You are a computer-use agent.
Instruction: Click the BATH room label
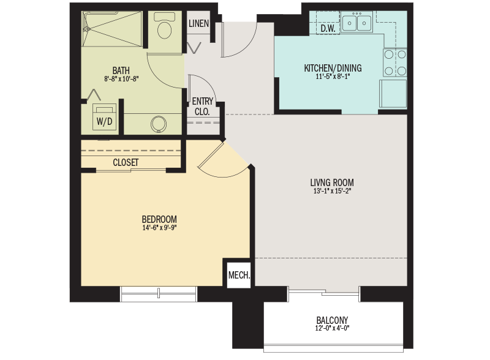pos(121,70)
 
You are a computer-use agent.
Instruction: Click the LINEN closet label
pos(199,24)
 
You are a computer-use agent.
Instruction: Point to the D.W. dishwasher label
pos(327,28)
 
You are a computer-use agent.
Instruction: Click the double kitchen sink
pos(357,23)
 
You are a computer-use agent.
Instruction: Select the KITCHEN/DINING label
pos(333,67)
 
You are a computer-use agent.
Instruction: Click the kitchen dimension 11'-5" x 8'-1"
pos(333,77)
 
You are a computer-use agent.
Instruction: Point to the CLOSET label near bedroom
pos(126,162)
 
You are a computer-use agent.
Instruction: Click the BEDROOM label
pos(159,219)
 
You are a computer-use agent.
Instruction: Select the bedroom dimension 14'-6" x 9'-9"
pos(159,228)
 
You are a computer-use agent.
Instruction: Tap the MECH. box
pos(239,275)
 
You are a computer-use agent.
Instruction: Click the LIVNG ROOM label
pos(332,182)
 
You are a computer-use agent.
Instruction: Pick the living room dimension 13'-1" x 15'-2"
pos(332,191)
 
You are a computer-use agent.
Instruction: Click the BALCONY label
pos(333,320)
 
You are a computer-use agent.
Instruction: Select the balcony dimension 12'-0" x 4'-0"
pos(333,329)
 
